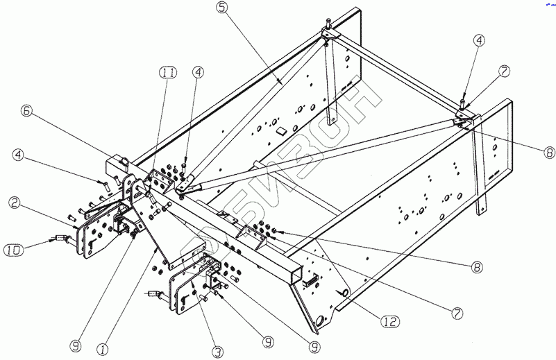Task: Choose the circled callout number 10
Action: (15, 248)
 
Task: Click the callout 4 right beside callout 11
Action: (198, 71)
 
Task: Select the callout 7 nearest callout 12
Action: (457, 314)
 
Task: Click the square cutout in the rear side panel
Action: (281, 130)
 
